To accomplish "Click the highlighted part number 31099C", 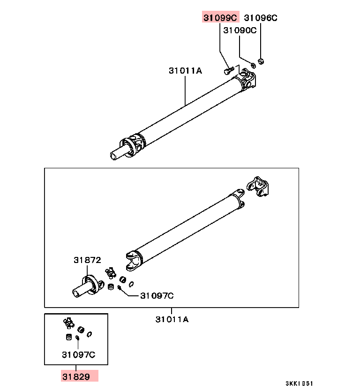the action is tap(220, 18).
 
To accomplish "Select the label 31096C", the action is tap(261, 18).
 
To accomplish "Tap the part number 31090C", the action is tap(240, 30).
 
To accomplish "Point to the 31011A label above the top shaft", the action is tap(185, 71).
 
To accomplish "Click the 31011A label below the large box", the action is tap(172, 319).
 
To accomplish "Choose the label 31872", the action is tap(87, 260).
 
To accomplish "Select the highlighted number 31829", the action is tap(76, 376).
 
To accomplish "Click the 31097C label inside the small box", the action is tap(79, 354).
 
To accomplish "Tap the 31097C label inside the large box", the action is tap(157, 296).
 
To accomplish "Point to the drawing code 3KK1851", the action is tap(299, 383).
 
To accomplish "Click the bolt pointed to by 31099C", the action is tap(229, 70).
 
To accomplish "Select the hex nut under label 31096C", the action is tap(261, 61).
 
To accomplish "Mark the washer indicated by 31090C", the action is tap(253, 65).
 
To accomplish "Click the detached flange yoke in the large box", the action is tap(258, 187).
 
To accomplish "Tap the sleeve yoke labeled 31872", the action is tap(89, 287).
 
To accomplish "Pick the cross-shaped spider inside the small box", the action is tap(68, 323).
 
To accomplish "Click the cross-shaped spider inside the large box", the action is tap(111, 273).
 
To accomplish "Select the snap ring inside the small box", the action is tap(89, 334).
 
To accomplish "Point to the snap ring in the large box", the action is tap(131, 284).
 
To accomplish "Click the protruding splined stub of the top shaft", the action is tap(119, 153).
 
